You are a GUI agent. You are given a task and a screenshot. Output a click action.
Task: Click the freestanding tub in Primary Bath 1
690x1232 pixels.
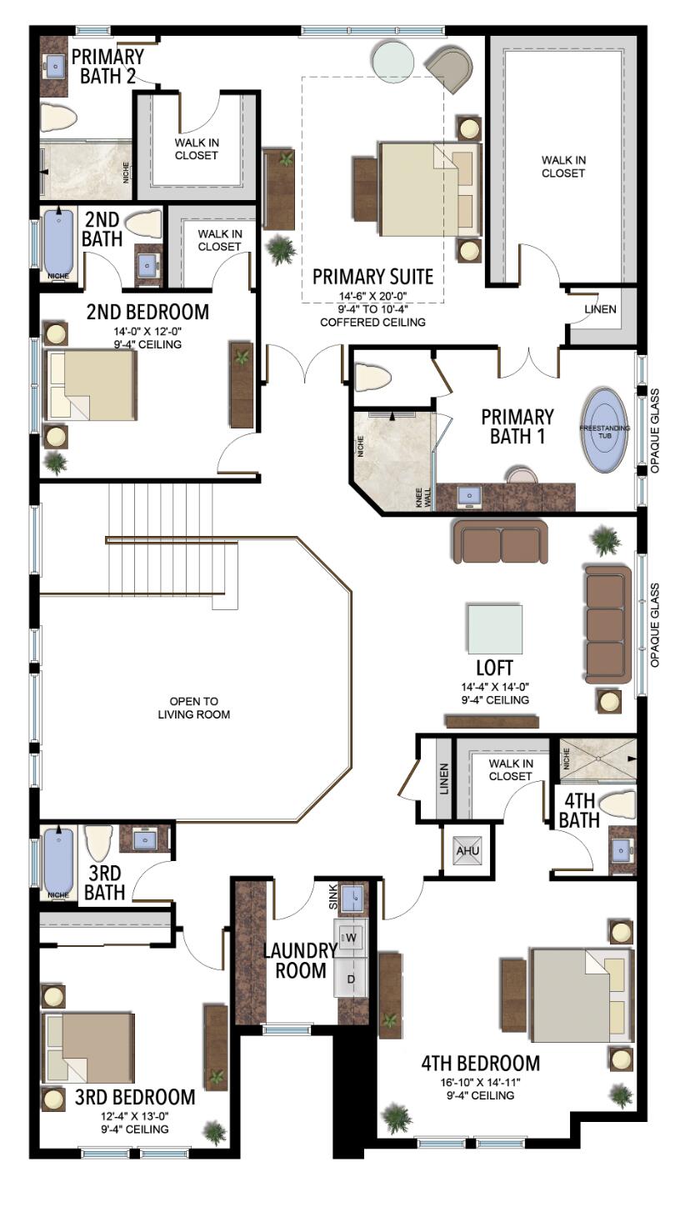point(605,429)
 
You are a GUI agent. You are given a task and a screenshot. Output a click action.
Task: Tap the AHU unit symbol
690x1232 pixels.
point(462,850)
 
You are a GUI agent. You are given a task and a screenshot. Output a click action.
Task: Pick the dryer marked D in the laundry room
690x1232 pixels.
point(352,978)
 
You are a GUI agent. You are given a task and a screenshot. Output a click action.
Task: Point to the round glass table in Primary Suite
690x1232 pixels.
point(393,60)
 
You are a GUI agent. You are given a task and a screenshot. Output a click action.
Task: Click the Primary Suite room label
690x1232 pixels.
point(372,277)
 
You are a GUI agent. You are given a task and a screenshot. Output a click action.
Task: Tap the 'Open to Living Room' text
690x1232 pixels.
point(194,708)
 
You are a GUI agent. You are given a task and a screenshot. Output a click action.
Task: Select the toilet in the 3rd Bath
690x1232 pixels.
point(98,843)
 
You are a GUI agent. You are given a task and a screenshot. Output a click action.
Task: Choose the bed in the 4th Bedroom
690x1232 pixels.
point(577,994)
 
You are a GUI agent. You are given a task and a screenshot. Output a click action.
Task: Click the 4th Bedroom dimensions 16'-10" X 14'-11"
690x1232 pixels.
point(479,1081)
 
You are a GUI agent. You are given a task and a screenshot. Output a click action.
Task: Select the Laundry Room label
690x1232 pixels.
point(295,959)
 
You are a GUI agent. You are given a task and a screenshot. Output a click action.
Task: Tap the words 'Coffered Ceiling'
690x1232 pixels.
point(372,322)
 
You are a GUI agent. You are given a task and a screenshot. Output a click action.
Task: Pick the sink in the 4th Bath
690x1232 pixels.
point(621,850)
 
